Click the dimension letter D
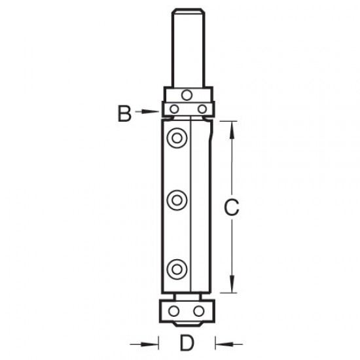[187, 342]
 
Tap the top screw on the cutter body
[175, 137]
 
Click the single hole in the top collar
[188, 92]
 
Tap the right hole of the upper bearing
[202, 108]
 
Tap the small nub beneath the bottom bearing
[188, 323]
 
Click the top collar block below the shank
[188, 93]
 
